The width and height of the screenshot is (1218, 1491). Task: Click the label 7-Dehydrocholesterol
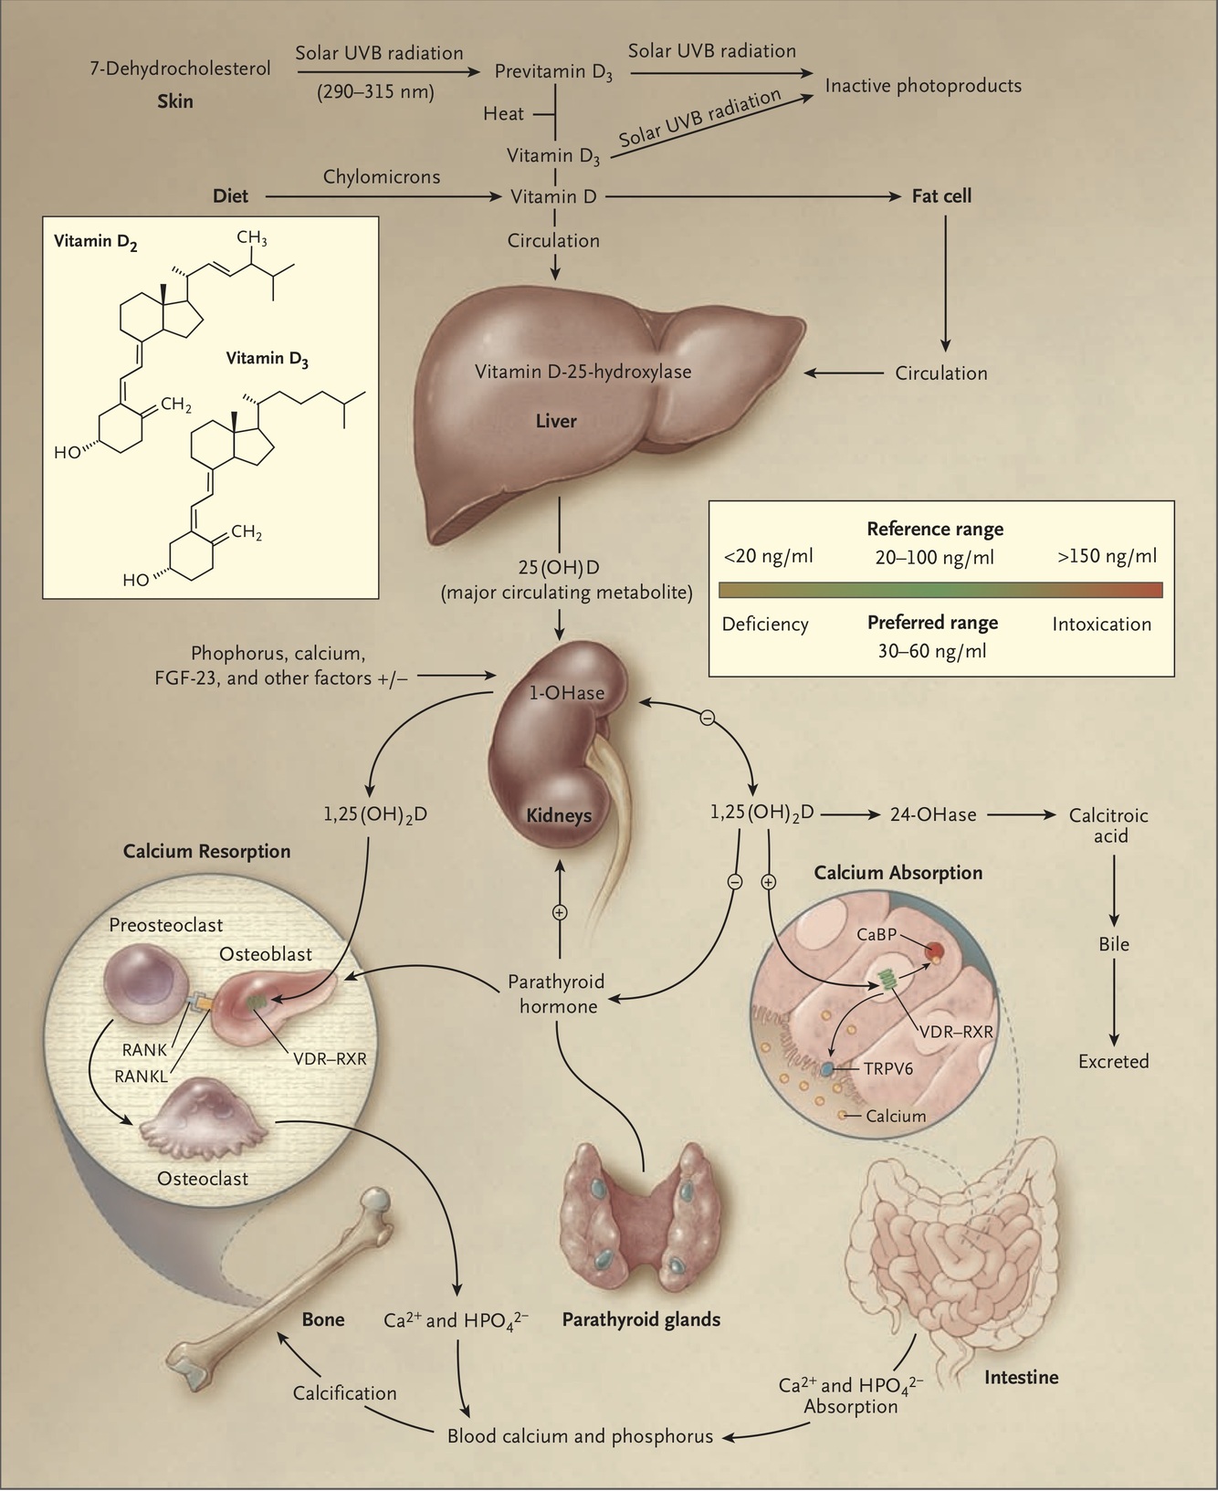(x=180, y=68)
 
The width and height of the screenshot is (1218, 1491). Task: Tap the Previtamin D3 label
(x=553, y=72)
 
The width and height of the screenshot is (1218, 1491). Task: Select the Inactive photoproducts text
(x=923, y=86)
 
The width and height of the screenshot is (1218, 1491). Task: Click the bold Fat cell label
(x=941, y=195)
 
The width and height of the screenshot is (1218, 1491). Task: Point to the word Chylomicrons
(x=381, y=176)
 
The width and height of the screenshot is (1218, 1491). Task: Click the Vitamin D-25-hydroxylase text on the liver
(x=583, y=372)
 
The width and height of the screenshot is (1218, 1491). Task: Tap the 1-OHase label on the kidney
(x=567, y=693)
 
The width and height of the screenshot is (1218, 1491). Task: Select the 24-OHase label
(x=933, y=814)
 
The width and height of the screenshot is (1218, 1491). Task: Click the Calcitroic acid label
(x=1108, y=824)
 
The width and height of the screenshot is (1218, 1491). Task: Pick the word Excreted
(x=1113, y=1061)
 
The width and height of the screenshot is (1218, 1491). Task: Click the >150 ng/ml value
(x=1107, y=556)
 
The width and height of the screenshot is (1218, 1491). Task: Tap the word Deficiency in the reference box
(x=765, y=625)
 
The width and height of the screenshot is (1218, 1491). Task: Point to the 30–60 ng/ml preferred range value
(x=932, y=651)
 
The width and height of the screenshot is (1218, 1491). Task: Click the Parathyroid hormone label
(x=556, y=994)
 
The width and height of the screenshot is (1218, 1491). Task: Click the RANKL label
(x=141, y=1076)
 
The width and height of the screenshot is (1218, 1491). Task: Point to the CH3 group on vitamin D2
(x=252, y=238)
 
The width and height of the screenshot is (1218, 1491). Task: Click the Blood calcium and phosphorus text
(x=580, y=1436)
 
